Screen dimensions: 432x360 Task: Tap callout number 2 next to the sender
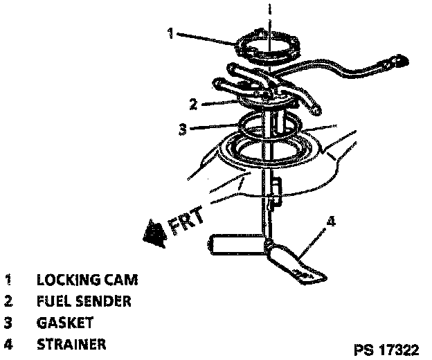(x=195, y=105)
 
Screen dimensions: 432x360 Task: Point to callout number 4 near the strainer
(x=332, y=222)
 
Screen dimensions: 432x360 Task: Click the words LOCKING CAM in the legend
(x=87, y=280)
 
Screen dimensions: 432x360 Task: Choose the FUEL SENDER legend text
(x=84, y=301)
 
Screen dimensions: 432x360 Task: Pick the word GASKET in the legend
(x=65, y=323)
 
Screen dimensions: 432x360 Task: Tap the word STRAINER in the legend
(x=72, y=343)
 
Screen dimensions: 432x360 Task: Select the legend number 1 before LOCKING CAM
(x=9, y=280)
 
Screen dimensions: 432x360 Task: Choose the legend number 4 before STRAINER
(x=9, y=343)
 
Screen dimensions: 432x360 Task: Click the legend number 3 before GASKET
(x=9, y=323)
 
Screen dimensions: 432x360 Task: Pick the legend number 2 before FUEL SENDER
(x=9, y=301)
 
